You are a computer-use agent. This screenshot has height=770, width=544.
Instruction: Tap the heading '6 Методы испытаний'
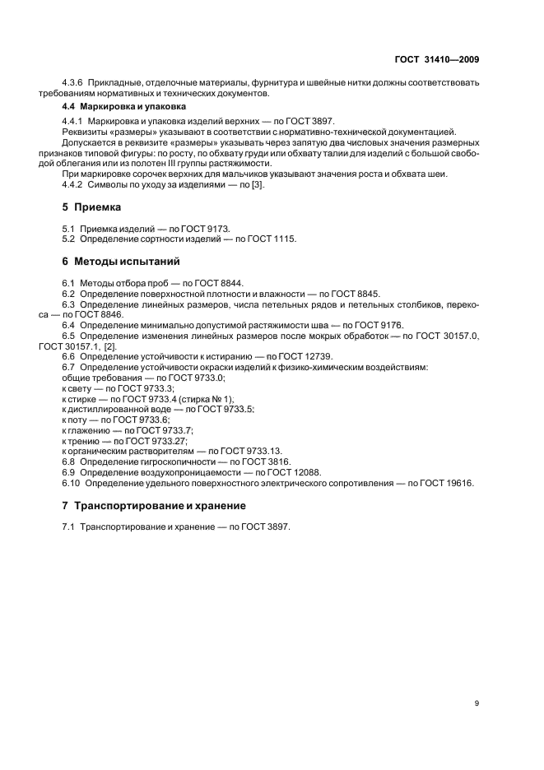click(x=115, y=261)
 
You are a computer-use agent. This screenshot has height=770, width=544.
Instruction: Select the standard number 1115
click(x=284, y=239)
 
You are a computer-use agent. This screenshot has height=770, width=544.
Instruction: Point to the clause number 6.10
click(x=72, y=484)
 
